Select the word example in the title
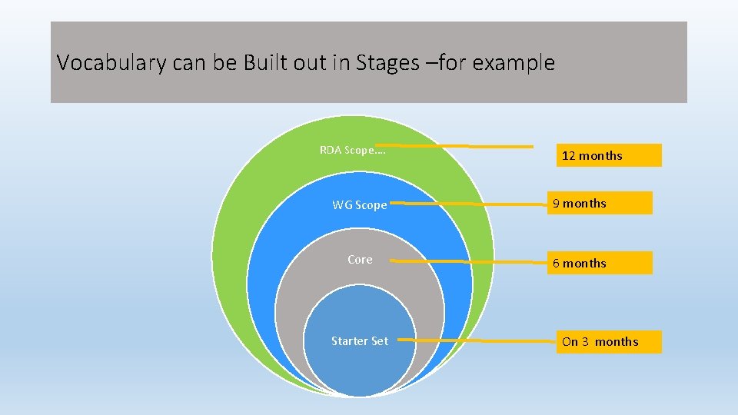pos(513,63)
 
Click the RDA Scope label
pos(353,150)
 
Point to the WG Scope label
pos(360,205)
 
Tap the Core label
pos(360,260)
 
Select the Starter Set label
pos(360,341)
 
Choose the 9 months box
pos(600,203)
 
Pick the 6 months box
pos(600,263)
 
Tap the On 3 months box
pos(609,342)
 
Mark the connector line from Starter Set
pos(477,340)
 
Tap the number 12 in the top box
pos(569,156)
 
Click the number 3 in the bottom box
pos(585,342)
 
